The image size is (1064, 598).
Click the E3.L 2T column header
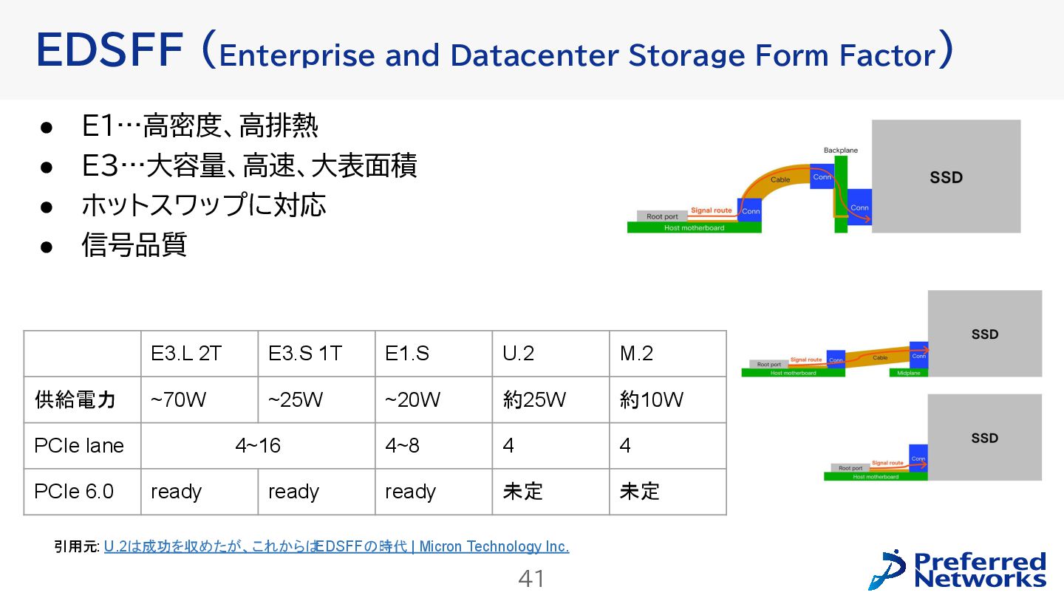185,354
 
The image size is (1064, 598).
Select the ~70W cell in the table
178,400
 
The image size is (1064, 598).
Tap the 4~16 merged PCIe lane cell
258,446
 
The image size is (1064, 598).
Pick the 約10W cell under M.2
651,400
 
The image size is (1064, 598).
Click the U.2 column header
518,354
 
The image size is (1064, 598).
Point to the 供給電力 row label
75,400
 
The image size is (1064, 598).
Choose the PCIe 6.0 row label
74,492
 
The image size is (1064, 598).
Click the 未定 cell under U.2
522,492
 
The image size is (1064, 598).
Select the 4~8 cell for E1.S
402,446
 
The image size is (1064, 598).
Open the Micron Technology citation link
336,547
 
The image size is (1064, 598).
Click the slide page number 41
531,579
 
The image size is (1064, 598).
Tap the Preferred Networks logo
958,570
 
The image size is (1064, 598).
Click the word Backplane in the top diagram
841,151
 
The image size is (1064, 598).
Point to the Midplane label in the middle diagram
908,373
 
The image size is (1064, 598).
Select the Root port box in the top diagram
661,216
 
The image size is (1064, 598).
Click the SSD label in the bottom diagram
984,438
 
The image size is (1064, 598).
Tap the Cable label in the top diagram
780,179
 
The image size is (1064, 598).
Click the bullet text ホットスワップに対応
203,205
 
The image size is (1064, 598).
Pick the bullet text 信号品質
134,245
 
